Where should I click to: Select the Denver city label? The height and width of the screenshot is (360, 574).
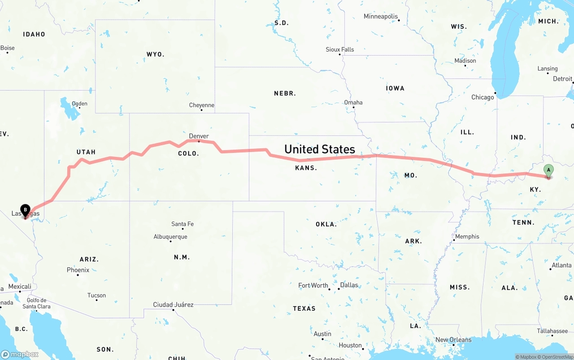(x=199, y=136)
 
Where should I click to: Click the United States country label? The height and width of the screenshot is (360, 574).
(x=319, y=149)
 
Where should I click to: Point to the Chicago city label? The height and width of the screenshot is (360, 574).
(x=482, y=97)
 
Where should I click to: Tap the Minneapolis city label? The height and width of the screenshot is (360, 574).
(x=381, y=17)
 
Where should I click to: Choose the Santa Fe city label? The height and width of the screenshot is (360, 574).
(x=183, y=224)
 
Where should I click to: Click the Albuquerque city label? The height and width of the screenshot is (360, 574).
(x=170, y=237)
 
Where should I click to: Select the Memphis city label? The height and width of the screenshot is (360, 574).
(x=467, y=236)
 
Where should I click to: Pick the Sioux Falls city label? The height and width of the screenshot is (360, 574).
(x=339, y=49)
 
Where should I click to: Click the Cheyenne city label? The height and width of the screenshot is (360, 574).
(x=201, y=105)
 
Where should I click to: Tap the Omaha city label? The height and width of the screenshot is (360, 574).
(x=353, y=102)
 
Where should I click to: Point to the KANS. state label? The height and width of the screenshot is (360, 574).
(x=306, y=168)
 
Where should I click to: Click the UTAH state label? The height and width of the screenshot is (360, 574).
(x=86, y=152)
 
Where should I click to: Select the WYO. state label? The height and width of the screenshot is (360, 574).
(x=155, y=54)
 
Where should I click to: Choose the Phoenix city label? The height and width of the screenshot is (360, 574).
(x=78, y=270)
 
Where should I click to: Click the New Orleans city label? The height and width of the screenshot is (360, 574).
(x=453, y=340)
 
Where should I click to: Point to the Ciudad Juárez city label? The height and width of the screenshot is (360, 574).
(x=173, y=305)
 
